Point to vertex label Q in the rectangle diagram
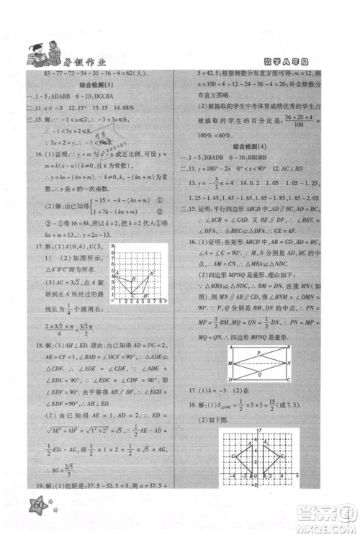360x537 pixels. (260, 374)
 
